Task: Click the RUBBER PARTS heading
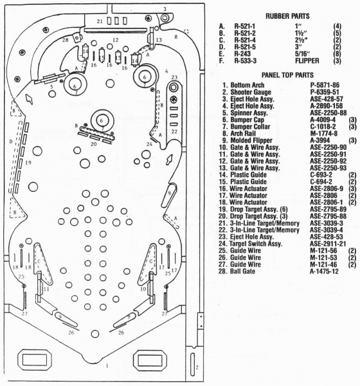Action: click(287, 16)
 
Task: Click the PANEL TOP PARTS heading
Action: click(287, 75)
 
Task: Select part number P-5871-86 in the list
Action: click(325, 85)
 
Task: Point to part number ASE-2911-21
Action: click(328, 244)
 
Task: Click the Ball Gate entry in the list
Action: click(242, 271)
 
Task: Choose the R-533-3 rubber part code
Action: click(245, 60)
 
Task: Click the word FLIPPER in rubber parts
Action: click(307, 60)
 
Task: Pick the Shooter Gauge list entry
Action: click(251, 92)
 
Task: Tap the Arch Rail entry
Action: click(243, 133)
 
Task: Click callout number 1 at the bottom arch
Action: click(107, 366)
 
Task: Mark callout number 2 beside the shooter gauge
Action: click(197, 367)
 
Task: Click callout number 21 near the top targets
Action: click(100, 21)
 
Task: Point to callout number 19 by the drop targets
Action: click(28, 163)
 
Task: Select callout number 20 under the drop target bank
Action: click(93, 143)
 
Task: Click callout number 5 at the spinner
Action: click(51, 87)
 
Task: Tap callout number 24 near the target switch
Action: click(149, 144)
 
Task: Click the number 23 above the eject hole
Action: click(174, 77)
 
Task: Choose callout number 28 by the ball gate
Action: click(65, 40)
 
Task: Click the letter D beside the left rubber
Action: click(11, 142)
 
